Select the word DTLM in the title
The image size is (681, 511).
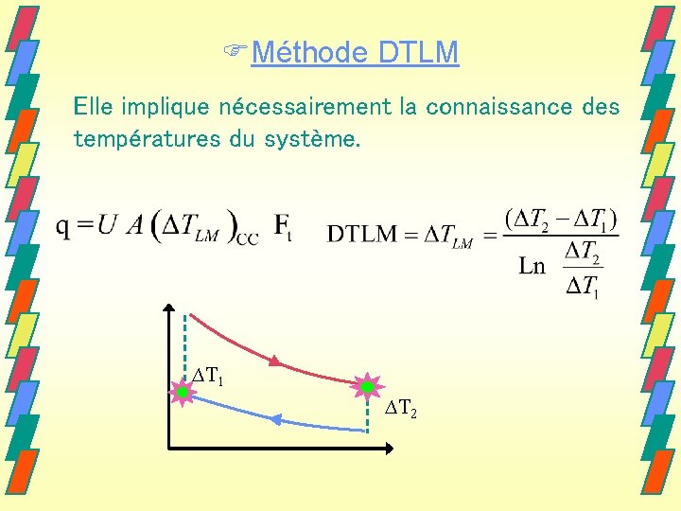point(417,52)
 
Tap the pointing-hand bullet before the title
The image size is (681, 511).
point(243,52)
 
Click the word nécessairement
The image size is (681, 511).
point(303,107)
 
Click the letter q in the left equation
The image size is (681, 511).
point(63,228)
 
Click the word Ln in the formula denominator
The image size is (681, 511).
point(533,267)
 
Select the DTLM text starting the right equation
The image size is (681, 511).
point(362,234)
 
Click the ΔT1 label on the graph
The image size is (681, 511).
point(207,379)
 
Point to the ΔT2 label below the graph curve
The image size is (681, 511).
point(401,409)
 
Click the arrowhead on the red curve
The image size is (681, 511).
point(274,361)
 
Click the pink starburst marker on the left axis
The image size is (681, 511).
point(181,392)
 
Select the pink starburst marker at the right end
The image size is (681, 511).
point(366,386)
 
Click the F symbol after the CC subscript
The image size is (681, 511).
point(282,228)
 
